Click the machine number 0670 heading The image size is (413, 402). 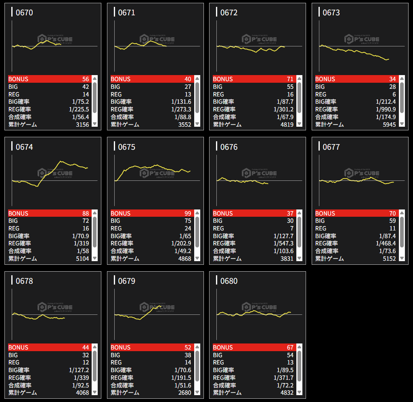[24, 13]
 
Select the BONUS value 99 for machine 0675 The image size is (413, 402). [187, 214]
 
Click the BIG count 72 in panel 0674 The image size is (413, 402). [85, 221]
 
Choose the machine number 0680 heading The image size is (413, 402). [229, 281]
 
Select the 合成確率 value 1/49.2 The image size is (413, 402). [181, 251]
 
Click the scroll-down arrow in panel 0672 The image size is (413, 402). [300, 124]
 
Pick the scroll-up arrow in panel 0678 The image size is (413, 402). [94, 347]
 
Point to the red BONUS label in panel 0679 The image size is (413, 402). [121, 348]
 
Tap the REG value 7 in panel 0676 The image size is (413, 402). [291, 228]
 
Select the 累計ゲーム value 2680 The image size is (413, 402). [184, 393]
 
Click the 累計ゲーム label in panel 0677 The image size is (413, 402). [329, 259]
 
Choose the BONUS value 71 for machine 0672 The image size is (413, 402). [289, 79]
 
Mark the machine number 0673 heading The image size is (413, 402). [331, 13]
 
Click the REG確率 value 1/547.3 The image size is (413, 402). [283, 243]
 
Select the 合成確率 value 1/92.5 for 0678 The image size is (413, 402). [79, 385]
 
